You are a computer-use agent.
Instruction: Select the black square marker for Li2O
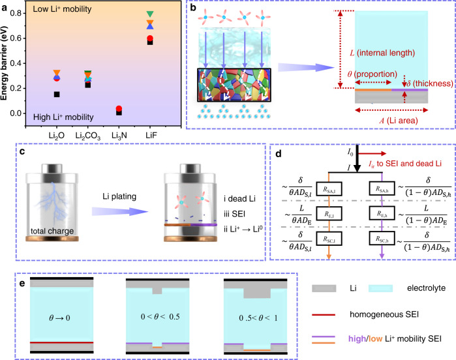[x=57, y=94]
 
